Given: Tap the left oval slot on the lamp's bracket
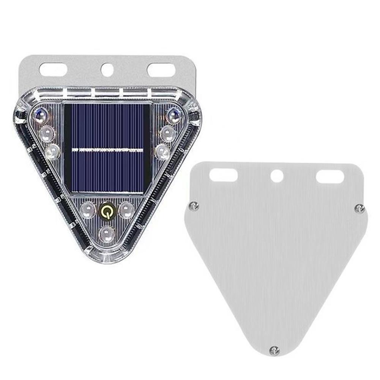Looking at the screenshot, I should [x=53, y=70].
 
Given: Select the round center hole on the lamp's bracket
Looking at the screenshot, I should [x=107, y=70].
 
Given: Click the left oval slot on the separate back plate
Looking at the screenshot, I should [x=224, y=175].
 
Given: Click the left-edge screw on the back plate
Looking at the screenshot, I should [x=194, y=206].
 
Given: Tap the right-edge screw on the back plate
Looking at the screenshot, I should [x=359, y=208].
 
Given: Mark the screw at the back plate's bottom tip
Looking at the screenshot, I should [x=274, y=351].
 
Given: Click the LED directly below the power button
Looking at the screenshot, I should [x=107, y=233].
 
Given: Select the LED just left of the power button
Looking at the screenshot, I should [x=88, y=210].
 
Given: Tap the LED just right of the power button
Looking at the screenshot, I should [x=126, y=210].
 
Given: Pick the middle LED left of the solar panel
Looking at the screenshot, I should [x=47, y=133].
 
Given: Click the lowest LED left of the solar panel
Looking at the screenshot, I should [x=53, y=152].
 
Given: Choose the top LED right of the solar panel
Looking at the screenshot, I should [x=173, y=115].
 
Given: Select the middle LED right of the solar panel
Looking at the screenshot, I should [x=167, y=133].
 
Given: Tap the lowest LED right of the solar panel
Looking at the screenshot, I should [x=162, y=152].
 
